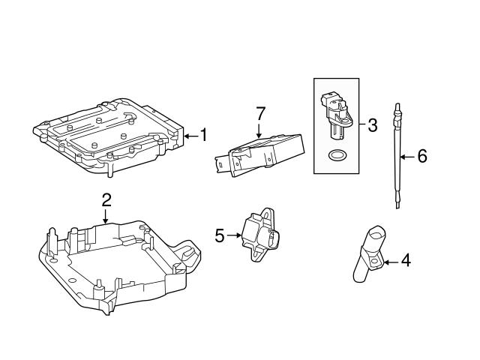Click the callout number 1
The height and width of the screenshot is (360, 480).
(x=203, y=136)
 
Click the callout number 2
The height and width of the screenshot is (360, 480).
(x=106, y=199)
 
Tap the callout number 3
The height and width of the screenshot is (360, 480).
(x=373, y=124)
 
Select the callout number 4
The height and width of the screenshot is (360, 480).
(x=406, y=261)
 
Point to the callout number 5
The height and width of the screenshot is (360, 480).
(x=219, y=235)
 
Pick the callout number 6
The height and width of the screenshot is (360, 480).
(x=421, y=156)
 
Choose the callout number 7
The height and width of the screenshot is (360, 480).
(x=260, y=114)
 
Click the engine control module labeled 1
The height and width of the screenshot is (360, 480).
(x=109, y=135)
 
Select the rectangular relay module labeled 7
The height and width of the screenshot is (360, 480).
(x=262, y=154)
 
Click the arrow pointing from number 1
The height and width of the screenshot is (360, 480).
(x=190, y=136)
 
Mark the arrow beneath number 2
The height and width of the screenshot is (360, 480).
(x=106, y=215)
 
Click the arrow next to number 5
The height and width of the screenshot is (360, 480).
(x=233, y=235)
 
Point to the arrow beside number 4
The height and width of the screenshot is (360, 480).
(x=391, y=262)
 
